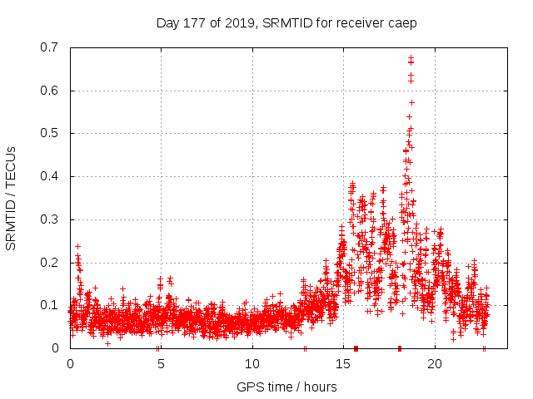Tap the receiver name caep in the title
401,23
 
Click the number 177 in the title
190,23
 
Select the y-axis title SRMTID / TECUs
11,198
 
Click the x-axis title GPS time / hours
286,387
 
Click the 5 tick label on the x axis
161,363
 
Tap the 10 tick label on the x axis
252,363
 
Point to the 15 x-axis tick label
343,363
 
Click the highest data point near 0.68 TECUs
411,58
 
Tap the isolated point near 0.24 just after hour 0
77,246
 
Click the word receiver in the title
359,23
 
